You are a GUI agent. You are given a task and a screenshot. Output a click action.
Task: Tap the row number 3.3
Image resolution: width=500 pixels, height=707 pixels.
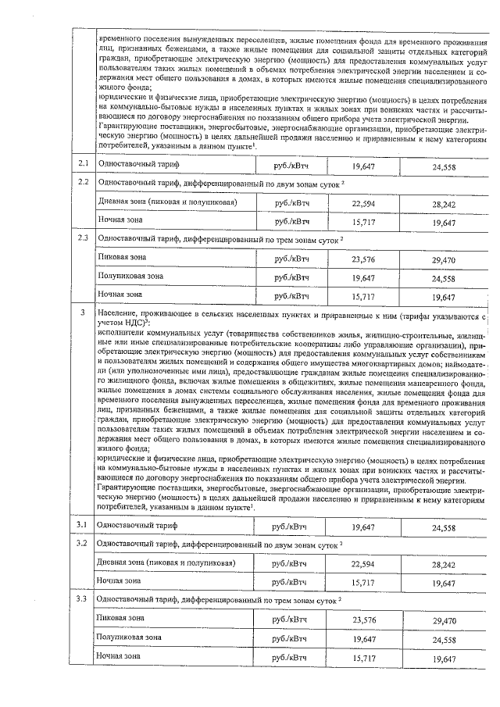coord(81,598)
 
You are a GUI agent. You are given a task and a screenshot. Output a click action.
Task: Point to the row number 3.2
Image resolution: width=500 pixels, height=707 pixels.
coord(81,542)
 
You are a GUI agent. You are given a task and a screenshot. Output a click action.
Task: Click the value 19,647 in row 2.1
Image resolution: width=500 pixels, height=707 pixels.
coord(363,166)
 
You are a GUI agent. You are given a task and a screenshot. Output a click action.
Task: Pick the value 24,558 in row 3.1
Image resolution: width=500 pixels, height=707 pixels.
coord(443,528)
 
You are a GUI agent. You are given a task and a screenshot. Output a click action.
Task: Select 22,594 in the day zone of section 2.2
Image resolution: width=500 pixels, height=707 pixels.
coord(363,204)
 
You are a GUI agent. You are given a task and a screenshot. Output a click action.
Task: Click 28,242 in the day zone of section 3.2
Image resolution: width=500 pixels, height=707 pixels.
coord(443,564)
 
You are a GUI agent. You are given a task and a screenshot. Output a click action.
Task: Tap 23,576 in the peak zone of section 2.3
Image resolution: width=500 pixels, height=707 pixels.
coord(363,260)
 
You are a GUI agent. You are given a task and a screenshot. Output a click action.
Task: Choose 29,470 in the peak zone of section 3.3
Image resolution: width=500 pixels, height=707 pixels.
coord(443,620)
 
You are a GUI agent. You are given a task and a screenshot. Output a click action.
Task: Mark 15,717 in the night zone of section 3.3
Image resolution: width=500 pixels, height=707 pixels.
coord(363,659)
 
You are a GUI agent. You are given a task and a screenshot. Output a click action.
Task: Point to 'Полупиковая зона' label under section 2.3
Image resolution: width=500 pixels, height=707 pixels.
coord(130,277)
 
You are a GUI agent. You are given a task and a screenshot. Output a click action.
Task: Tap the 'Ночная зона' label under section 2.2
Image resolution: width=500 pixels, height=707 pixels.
coord(119,220)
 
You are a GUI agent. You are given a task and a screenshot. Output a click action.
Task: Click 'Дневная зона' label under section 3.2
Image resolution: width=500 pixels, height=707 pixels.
coord(125,562)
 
